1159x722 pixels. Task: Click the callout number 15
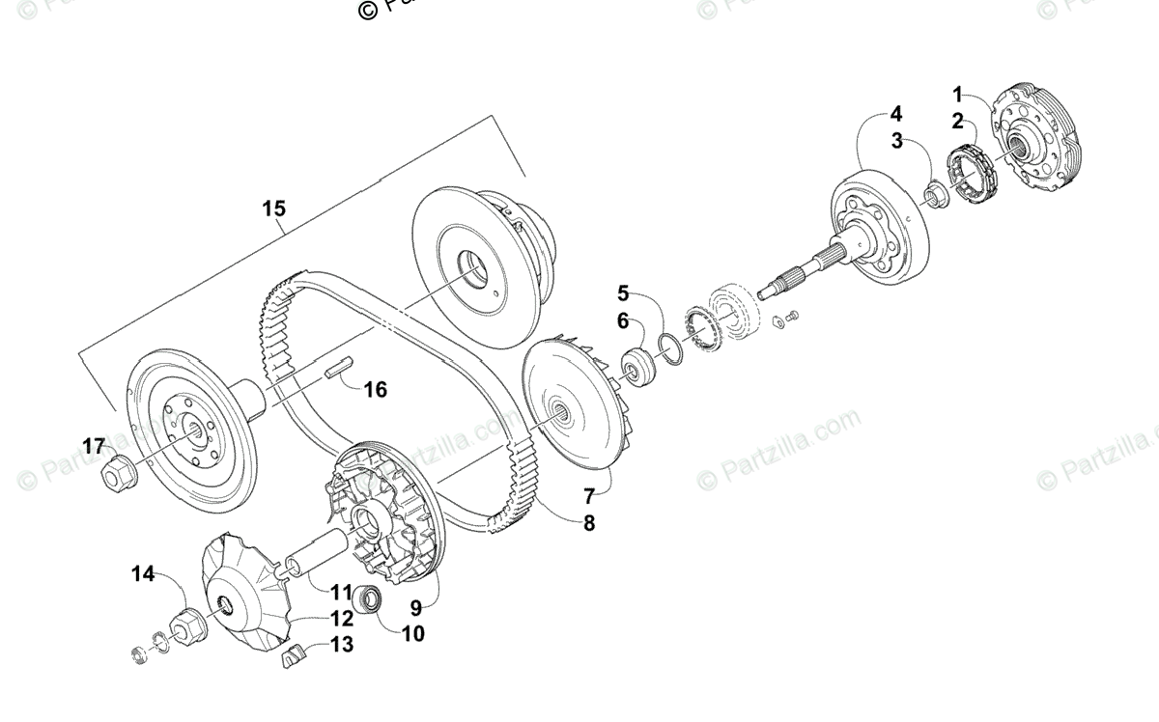click(274, 208)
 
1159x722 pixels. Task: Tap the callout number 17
click(93, 446)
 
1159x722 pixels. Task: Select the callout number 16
click(375, 389)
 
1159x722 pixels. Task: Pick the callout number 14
click(143, 574)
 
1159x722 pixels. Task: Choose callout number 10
click(412, 634)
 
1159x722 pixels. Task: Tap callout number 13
click(341, 644)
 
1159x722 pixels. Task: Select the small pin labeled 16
click(340, 367)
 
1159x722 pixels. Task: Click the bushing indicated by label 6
click(638, 368)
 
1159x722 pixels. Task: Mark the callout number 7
click(589, 497)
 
